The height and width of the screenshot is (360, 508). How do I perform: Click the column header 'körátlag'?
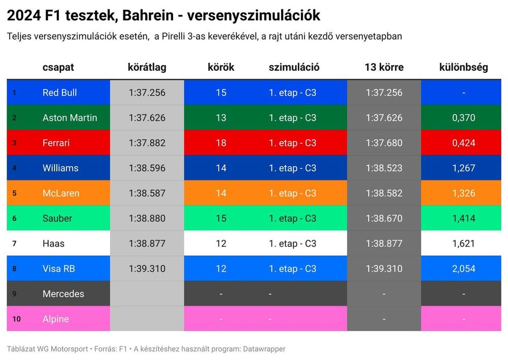[x=147, y=67]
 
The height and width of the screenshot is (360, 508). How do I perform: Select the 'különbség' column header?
[x=463, y=67]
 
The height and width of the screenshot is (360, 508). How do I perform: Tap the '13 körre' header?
[x=384, y=67]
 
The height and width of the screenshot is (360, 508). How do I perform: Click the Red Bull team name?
[x=59, y=93]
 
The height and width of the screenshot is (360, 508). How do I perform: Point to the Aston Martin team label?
[x=70, y=117]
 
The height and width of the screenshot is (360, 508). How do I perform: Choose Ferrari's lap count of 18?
[x=221, y=143]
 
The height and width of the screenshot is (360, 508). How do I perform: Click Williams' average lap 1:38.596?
[x=147, y=168]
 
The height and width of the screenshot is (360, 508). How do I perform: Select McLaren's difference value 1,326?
[x=463, y=193]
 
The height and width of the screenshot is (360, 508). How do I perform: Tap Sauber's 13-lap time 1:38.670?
[x=384, y=218]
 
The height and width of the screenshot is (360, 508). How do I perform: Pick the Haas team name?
[x=53, y=244]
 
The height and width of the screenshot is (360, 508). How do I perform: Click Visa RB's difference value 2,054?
[x=463, y=268]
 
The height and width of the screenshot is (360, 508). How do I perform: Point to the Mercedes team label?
[x=63, y=294]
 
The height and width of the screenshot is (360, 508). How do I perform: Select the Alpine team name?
[x=55, y=319]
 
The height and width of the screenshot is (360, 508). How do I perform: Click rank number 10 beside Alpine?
[x=16, y=319]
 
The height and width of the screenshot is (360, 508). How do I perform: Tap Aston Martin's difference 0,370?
[x=463, y=117]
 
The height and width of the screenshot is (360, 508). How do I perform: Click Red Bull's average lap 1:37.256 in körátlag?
[x=147, y=93]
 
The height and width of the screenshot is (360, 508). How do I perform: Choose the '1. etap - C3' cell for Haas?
[x=293, y=244]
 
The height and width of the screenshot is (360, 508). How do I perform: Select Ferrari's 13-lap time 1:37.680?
[x=384, y=143]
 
